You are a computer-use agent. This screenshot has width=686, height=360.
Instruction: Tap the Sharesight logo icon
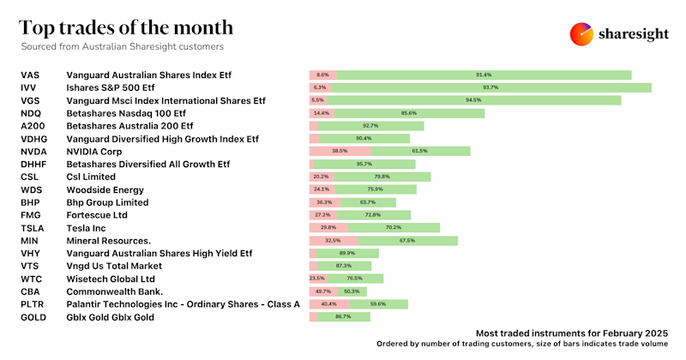(583, 34)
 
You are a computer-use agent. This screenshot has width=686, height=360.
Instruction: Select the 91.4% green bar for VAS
(484, 75)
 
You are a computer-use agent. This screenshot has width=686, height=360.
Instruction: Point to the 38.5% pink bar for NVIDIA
(340, 151)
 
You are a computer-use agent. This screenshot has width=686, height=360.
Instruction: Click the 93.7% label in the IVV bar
(490, 87)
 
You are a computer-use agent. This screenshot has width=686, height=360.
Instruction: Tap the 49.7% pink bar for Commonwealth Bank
(324, 291)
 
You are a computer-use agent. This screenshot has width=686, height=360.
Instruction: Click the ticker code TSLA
(32, 228)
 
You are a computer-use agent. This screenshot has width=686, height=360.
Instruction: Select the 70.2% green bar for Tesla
(394, 228)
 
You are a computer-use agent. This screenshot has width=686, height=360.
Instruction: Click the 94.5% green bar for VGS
(473, 100)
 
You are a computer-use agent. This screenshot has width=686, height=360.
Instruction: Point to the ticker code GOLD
(33, 317)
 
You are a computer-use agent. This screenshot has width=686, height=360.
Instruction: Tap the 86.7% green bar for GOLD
(344, 317)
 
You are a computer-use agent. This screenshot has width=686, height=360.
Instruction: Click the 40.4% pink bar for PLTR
(328, 304)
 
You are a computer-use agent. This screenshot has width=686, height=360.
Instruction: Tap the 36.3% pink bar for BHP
(324, 202)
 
